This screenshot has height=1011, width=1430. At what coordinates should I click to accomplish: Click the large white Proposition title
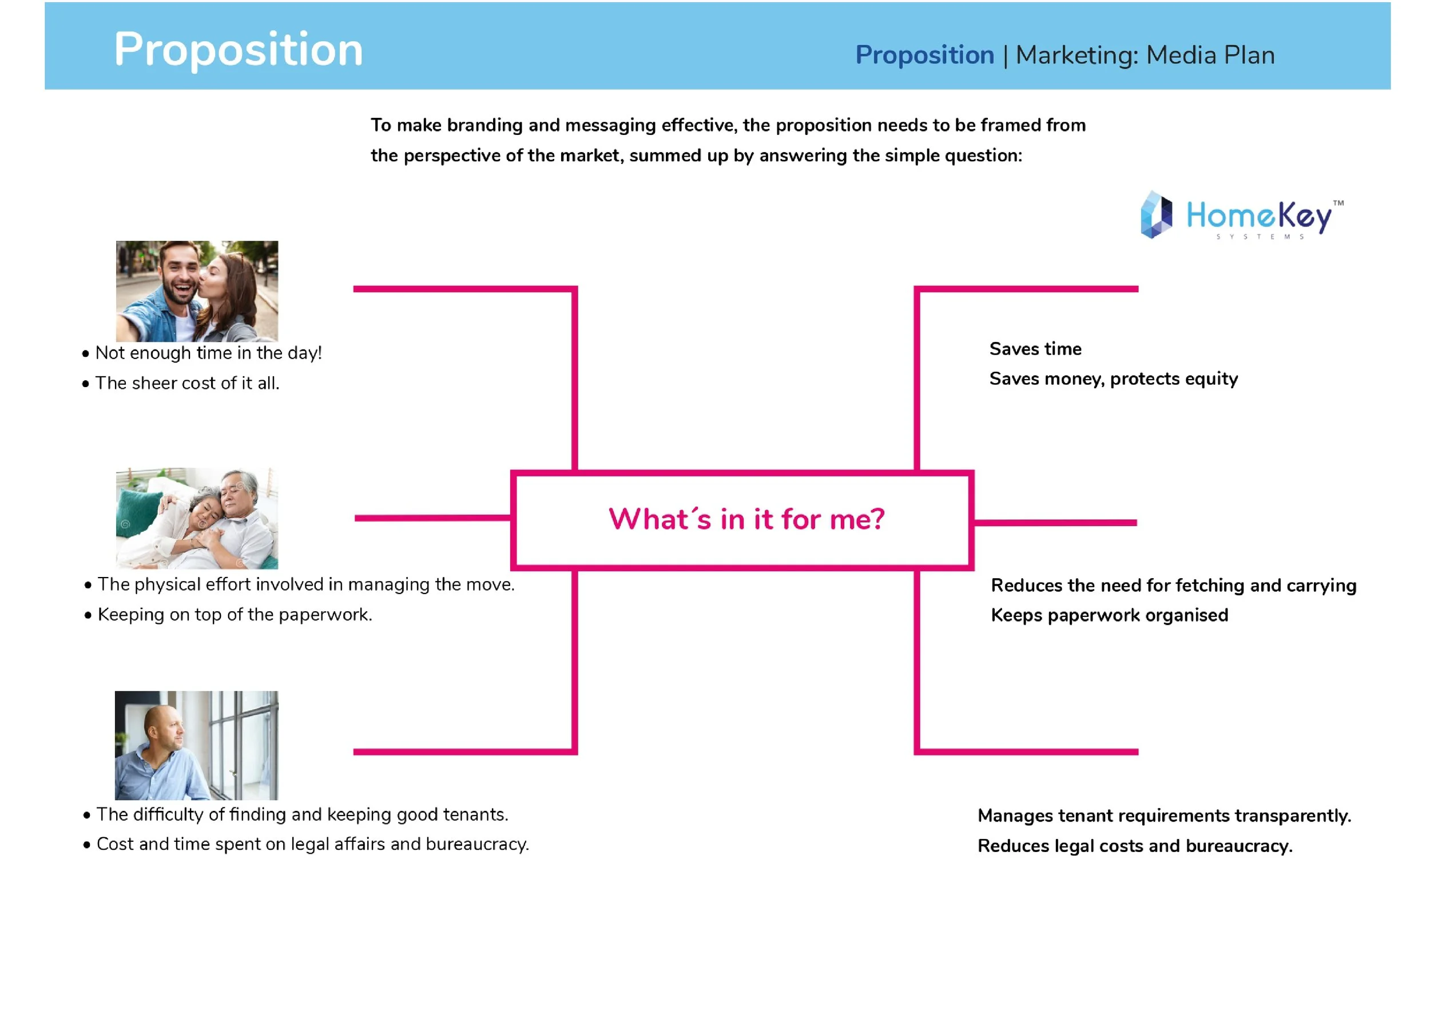point(238,50)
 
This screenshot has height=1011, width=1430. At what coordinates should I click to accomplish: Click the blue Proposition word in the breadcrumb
point(924,55)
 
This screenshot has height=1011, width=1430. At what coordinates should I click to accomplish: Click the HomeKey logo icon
point(1156,215)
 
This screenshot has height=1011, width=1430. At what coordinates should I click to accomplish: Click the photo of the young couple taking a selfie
point(197,290)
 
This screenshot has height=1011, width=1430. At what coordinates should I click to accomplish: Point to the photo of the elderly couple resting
point(197,518)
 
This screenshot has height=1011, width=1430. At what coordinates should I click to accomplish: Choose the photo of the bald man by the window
point(197,745)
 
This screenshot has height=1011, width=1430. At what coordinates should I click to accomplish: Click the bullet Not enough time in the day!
point(208,353)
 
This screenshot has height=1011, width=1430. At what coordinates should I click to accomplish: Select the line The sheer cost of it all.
point(187,384)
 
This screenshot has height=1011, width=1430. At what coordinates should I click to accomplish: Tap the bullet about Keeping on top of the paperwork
point(235,615)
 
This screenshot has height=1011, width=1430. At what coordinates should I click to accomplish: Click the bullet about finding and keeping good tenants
point(302,815)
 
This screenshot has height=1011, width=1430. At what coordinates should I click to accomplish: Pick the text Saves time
point(1035,349)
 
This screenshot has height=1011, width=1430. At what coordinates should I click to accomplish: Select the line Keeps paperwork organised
point(1109,616)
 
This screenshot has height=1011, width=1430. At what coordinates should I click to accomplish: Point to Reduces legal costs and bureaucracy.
point(1135,846)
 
